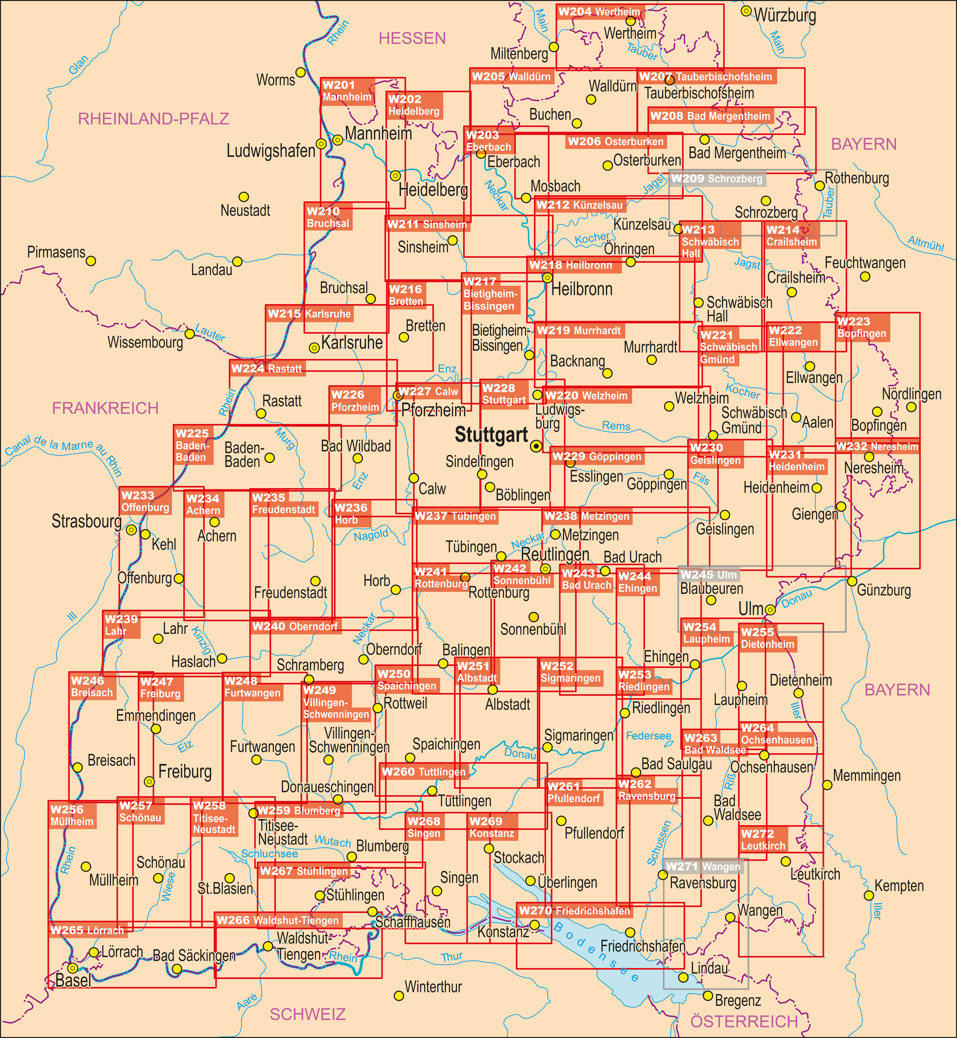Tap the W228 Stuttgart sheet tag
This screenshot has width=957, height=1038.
click(504, 394)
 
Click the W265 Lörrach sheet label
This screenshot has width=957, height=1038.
click(87, 930)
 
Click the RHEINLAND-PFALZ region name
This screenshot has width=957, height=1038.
click(153, 119)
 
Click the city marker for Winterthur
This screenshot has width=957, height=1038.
click(399, 996)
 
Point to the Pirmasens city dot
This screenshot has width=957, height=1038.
click(91, 261)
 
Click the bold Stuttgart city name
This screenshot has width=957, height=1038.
click(491, 435)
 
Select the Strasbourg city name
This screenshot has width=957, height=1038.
click(86, 521)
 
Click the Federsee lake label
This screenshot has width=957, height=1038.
click(648, 736)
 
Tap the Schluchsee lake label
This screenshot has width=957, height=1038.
click(269, 854)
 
